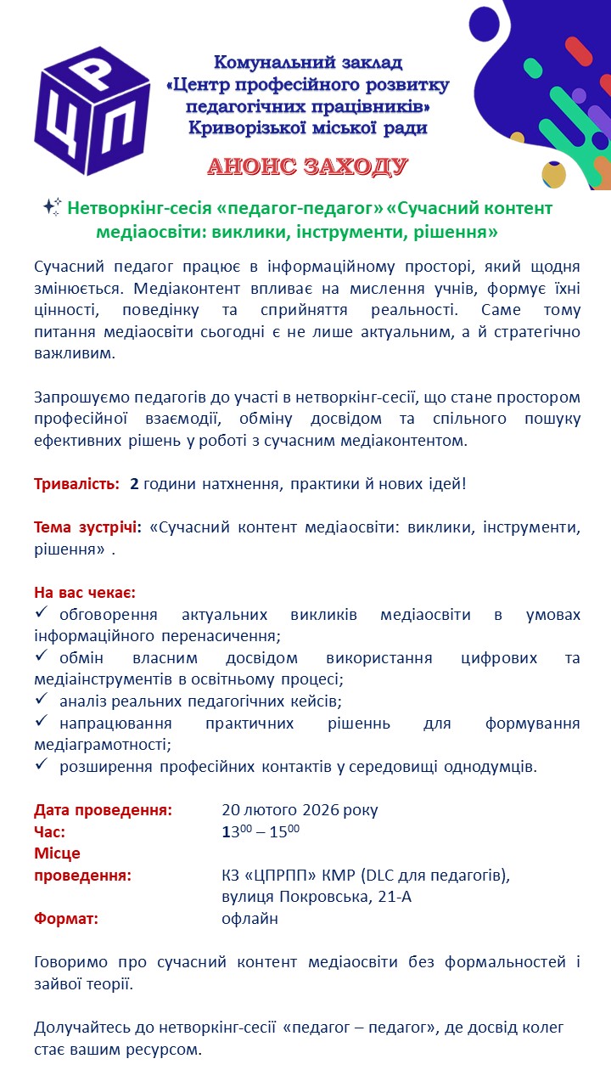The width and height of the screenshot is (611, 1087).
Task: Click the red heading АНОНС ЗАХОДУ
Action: pyautogui.click(x=308, y=166)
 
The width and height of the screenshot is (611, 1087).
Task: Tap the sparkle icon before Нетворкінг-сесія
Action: pyautogui.click(x=52, y=207)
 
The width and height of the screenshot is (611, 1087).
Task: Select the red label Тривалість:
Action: pyautogui.click(x=76, y=484)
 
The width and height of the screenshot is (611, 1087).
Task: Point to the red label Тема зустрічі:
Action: pyautogui.click(x=87, y=527)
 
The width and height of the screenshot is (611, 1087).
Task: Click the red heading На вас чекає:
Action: pyautogui.click(x=85, y=592)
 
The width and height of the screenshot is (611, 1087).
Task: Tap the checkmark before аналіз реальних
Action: pyautogui.click(x=42, y=701)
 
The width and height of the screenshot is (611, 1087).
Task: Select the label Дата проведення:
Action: pyautogui.click(x=103, y=809)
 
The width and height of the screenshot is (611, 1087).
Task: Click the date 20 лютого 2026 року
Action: pyautogui.click(x=300, y=809)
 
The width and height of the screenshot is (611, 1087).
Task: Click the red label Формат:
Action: pyautogui.click(x=66, y=918)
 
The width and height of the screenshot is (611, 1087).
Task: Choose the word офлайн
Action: pyautogui.click(x=249, y=918)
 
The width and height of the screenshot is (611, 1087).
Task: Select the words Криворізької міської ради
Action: pyautogui.click(x=308, y=128)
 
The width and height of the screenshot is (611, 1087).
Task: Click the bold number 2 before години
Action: pyautogui.click(x=134, y=484)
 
